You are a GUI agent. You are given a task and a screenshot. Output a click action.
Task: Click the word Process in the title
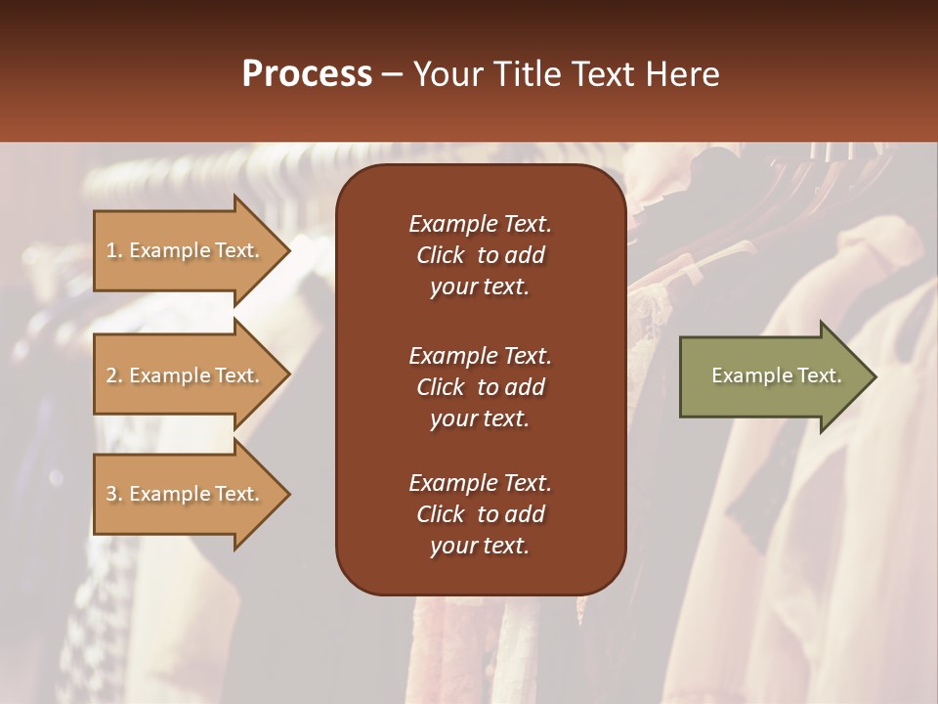click(x=307, y=74)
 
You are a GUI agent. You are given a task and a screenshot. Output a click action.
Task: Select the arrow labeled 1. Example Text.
click(x=186, y=250)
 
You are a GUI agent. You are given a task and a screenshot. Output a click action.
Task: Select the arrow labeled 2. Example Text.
click(x=186, y=375)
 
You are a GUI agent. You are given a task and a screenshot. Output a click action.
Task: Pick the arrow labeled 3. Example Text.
click(x=186, y=494)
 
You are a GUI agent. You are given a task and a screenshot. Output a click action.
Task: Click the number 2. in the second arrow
click(x=113, y=375)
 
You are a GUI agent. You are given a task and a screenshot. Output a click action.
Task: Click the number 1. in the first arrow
click(x=113, y=250)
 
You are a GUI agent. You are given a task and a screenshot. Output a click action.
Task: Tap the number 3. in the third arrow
click(x=113, y=494)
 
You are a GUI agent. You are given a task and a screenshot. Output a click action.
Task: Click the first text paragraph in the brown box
click(x=480, y=255)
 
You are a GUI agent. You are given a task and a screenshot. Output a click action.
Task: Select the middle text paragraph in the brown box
click(x=480, y=387)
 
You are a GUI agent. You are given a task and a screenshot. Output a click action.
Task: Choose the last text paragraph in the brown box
click(x=480, y=514)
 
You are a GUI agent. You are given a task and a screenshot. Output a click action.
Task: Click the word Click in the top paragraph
click(x=440, y=255)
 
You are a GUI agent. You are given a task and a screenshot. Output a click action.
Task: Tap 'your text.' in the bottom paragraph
click(x=480, y=546)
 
